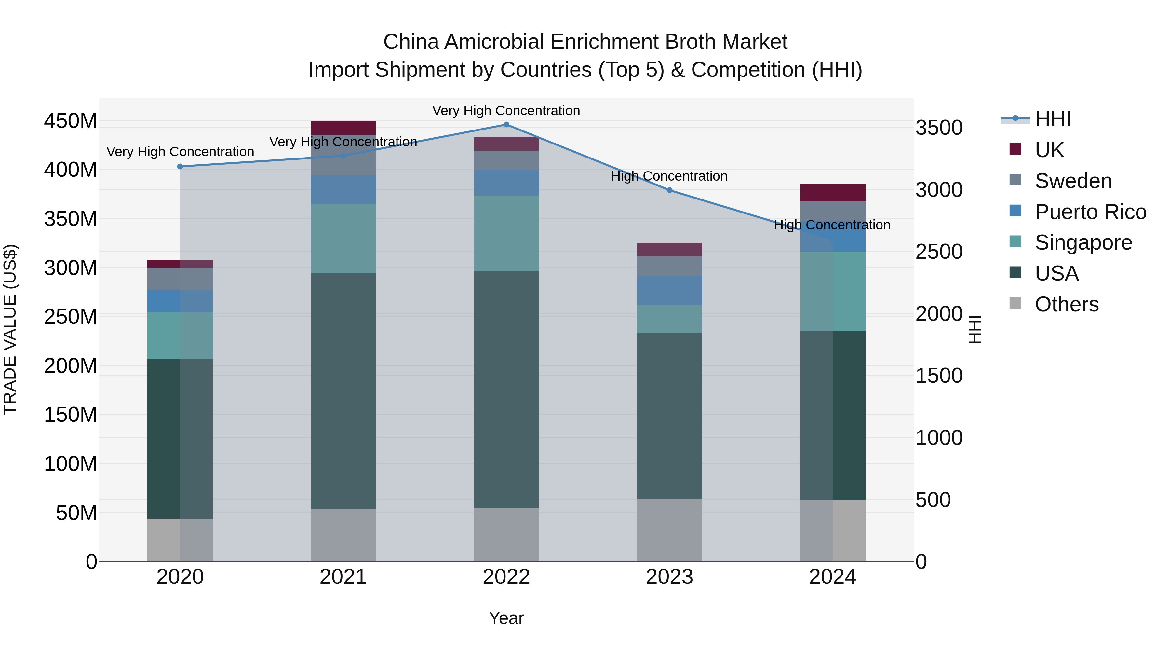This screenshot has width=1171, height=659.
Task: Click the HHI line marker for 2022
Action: coord(506,125)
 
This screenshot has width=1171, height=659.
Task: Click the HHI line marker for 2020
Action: coord(180,166)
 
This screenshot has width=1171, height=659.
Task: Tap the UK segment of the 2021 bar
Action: coord(343,128)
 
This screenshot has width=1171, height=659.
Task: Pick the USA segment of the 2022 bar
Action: coord(506,389)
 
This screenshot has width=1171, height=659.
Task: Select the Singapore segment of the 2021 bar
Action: coord(343,239)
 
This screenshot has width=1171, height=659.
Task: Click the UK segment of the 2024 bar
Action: coord(832,192)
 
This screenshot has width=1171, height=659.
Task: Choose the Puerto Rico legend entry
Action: coord(1090,212)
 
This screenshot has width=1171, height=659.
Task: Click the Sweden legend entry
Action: coord(1073,181)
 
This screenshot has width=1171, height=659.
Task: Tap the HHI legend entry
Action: coord(1052,119)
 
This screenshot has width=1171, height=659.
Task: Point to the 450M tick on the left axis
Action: coord(71,121)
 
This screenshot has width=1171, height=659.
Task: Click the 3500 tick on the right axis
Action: coord(939,128)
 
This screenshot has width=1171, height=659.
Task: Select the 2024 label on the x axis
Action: coord(832,577)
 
